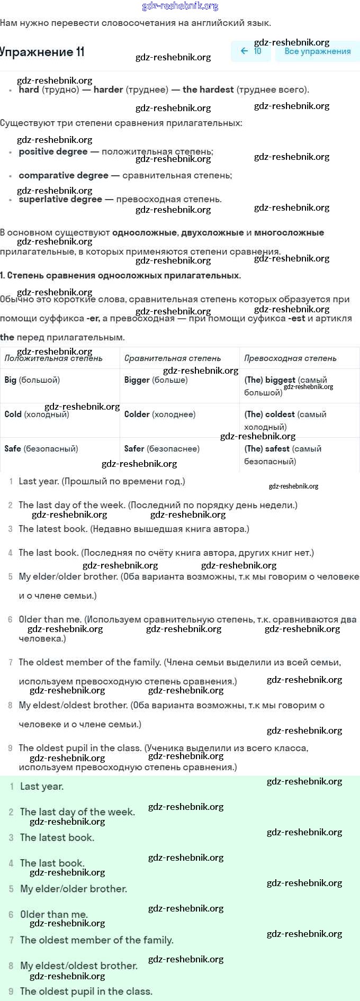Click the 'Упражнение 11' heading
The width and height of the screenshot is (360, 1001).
(42, 52)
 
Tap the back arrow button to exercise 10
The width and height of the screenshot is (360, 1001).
(251, 51)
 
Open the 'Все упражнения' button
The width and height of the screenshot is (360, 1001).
(318, 51)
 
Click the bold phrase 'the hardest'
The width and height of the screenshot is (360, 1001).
(208, 89)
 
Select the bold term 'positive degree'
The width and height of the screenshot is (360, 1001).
(53, 151)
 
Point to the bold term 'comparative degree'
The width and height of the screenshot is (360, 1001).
(64, 175)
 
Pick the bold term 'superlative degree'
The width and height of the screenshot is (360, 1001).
(60, 200)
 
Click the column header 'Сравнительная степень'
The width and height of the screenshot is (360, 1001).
(173, 358)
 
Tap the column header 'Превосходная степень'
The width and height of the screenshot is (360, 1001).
(290, 358)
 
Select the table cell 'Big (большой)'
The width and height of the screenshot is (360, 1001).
(32, 380)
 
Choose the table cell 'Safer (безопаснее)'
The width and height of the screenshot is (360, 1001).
(162, 449)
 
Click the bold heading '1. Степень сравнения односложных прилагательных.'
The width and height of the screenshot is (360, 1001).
(120, 275)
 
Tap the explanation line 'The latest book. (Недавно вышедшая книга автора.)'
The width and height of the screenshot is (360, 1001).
(134, 529)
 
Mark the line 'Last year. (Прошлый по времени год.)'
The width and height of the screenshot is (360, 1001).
(102, 481)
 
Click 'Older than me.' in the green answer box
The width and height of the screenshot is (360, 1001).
(54, 914)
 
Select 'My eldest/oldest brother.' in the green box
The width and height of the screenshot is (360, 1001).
(79, 966)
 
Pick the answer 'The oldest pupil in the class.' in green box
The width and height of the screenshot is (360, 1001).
(86, 991)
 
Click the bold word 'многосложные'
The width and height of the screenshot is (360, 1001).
(289, 232)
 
